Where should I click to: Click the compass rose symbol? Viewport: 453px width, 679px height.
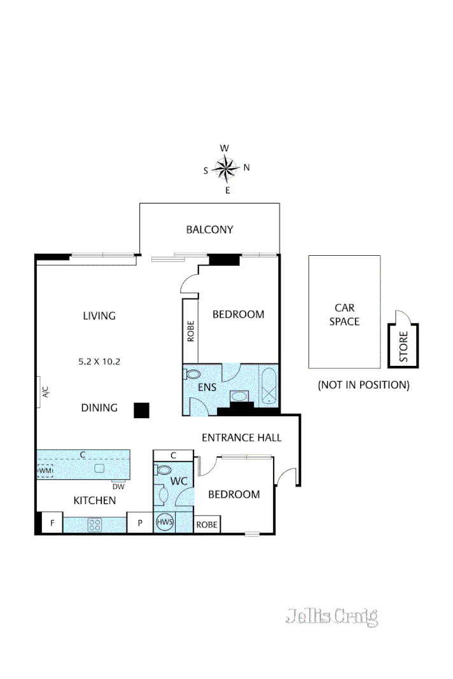[x=226, y=169]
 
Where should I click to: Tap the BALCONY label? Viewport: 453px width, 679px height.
[x=209, y=230]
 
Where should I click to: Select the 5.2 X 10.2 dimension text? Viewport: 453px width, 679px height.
[x=99, y=361]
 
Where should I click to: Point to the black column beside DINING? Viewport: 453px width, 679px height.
[x=141, y=410]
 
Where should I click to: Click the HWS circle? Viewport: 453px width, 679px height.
[x=164, y=522]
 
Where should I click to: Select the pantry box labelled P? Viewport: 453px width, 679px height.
[x=139, y=524]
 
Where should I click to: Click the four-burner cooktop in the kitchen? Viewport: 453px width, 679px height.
[x=95, y=525]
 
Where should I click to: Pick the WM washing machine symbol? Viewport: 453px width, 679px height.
[x=45, y=471]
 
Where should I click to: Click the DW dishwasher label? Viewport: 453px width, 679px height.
[x=118, y=487]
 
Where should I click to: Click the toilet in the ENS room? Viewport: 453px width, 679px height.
[x=193, y=375]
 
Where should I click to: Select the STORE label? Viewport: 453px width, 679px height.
[x=403, y=346]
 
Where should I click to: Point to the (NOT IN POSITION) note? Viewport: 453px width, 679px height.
[x=363, y=385]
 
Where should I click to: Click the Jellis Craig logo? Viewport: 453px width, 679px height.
[x=331, y=616]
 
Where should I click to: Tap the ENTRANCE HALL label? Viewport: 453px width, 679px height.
[x=241, y=438]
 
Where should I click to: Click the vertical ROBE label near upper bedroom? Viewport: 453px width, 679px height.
[x=191, y=332]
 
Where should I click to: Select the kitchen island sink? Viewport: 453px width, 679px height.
[x=99, y=468]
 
